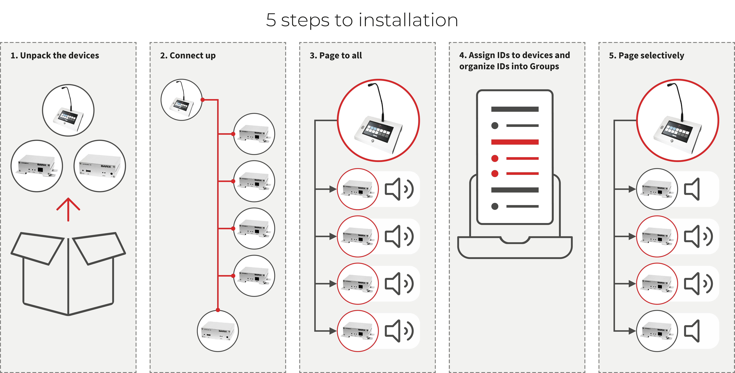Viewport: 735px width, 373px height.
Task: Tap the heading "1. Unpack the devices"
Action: (55, 55)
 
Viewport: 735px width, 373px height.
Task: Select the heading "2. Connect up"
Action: (188, 55)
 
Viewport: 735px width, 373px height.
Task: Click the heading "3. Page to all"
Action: (336, 55)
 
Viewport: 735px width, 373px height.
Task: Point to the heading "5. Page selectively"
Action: (647, 55)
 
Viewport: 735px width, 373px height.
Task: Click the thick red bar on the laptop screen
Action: (515, 142)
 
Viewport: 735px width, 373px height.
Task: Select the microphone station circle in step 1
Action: (68, 110)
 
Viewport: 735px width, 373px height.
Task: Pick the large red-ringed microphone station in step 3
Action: (378, 120)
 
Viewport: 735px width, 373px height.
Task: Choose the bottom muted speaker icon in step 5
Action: (692, 331)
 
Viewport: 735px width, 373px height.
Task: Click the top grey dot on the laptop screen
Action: (495, 125)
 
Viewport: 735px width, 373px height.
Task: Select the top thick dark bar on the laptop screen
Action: (515, 109)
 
